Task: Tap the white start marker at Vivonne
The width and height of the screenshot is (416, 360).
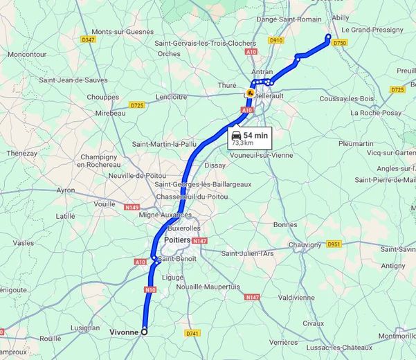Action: coord(144,332)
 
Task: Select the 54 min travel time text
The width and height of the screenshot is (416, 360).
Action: coord(256,134)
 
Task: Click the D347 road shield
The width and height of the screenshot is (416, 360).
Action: coord(87,40)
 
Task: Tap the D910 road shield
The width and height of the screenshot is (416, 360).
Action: coord(276,40)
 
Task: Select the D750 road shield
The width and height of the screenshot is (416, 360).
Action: coord(339,43)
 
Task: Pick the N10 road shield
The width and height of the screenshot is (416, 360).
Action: coord(150,289)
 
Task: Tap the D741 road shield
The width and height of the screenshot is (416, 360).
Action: coord(192,334)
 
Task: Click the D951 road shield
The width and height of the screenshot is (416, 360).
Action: coord(334,244)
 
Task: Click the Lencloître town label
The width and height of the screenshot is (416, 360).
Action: coord(162,97)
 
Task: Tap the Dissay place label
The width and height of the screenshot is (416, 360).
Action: coord(215,165)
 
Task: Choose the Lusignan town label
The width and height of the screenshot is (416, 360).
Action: coord(84,327)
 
